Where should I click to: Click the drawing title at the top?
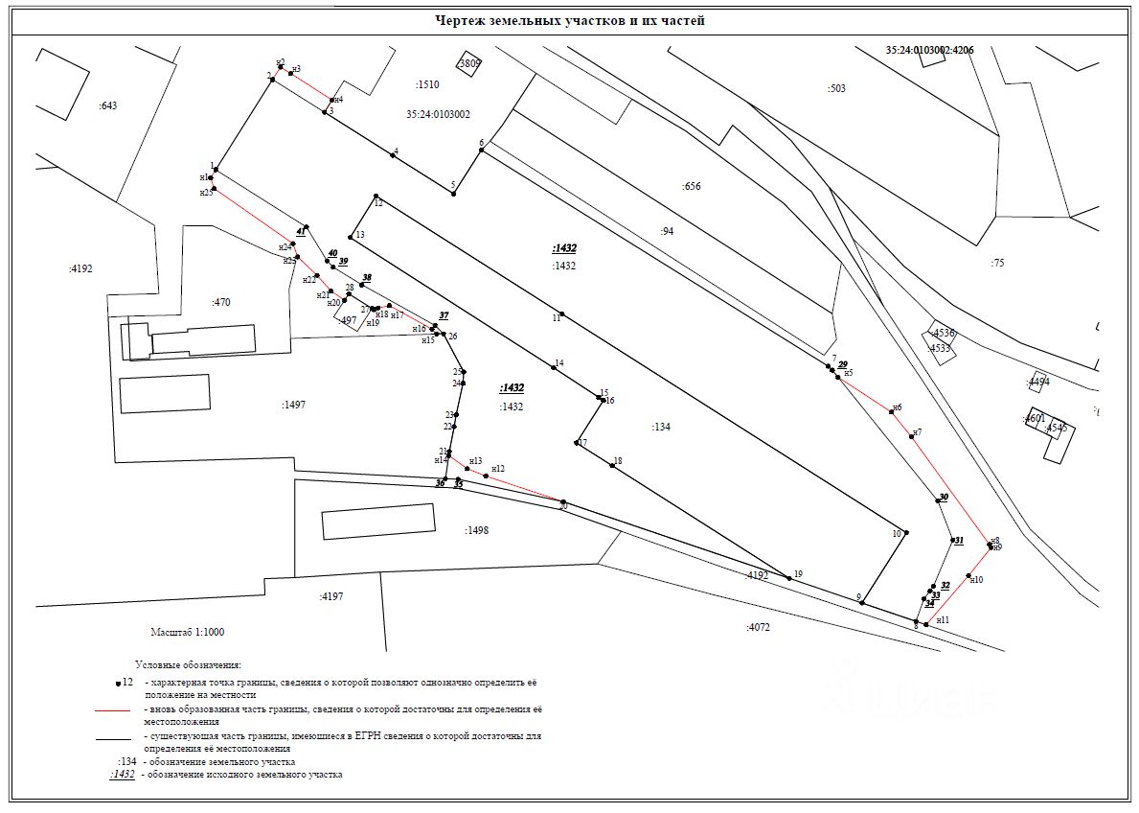pyautogui.click(x=570, y=20)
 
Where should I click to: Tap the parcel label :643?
pyautogui.click(x=107, y=105)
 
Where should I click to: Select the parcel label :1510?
pyautogui.click(x=427, y=85)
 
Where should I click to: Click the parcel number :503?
pyautogui.click(x=836, y=89)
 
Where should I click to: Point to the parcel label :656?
pyautogui.click(x=691, y=187)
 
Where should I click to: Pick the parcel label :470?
pyautogui.click(x=220, y=303)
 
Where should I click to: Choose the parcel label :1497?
pyautogui.click(x=293, y=406)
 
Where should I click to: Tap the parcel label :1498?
pyautogui.click(x=476, y=530)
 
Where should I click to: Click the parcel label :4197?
pyautogui.click(x=331, y=596)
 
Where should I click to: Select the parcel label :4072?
pyautogui.click(x=758, y=627)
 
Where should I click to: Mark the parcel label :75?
pyautogui.click(x=997, y=263)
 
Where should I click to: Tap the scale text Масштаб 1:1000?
pyautogui.click(x=188, y=633)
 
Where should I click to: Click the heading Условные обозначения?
pyautogui.click(x=189, y=664)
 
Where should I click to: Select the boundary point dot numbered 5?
pyautogui.click(x=453, y=194)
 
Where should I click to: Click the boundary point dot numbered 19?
pyautogui.click(x=788, y=578)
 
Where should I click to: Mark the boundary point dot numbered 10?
pyautogui.click(x=906, y=532)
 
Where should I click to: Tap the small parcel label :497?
pyautogui.click(x=349, y=321)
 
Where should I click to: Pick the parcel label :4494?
pyautogui.click(x=1038, y=383)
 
